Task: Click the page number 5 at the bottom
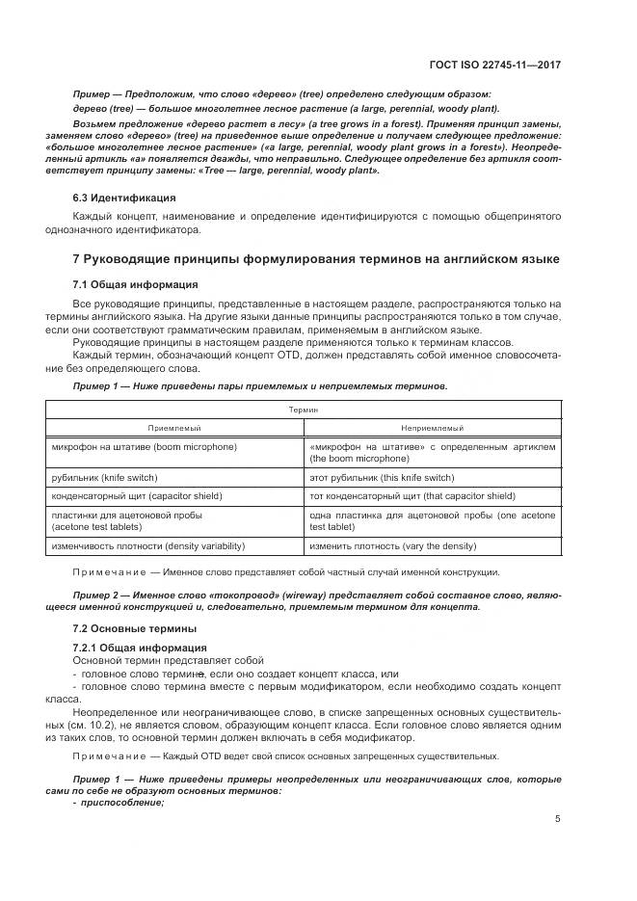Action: click(558, 819)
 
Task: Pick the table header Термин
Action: click(304, 410)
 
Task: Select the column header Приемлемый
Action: click(174, 428)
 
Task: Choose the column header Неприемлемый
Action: click(433, 428)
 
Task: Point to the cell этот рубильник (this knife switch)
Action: click(382, 478)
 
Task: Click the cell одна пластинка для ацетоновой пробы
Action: click(432, 521)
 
